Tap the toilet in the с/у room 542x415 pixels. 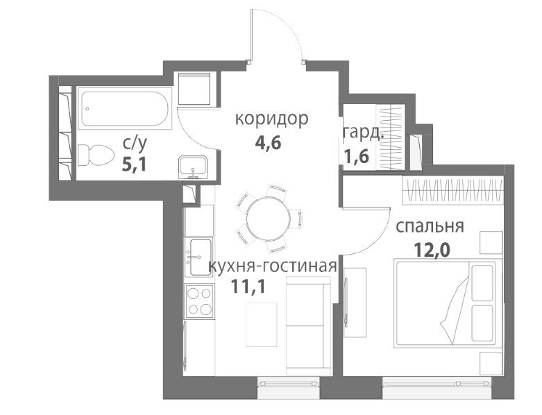pyautogui.click(x=96, y=155)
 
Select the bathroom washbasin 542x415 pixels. pyautogui.click(x=193, y=167)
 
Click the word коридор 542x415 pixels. pyautogui.click(x=271, y=119)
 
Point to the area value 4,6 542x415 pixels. pyautogui.click(x=268, y=142)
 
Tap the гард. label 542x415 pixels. pyautogui.click(x=363, y=133)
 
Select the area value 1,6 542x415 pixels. pyautogui.click(x=357, y=156)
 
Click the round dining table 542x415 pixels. pyautogui.click(x=268, y=218)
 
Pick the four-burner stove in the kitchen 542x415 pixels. pyautogui.click(x=199, y=300)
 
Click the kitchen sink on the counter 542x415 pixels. pyautogui.click(x=198, y=257)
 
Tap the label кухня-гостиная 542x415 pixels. pyautogui.click(x=272, y=266)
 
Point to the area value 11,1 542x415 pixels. pyautogui.click(x=248, y=287)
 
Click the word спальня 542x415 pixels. pyautogui.click(x=430, y=227)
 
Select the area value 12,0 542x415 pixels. pyautogui.click(x=432, y=250)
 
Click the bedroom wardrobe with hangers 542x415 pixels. pyautogui.click(x=453, y=190)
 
